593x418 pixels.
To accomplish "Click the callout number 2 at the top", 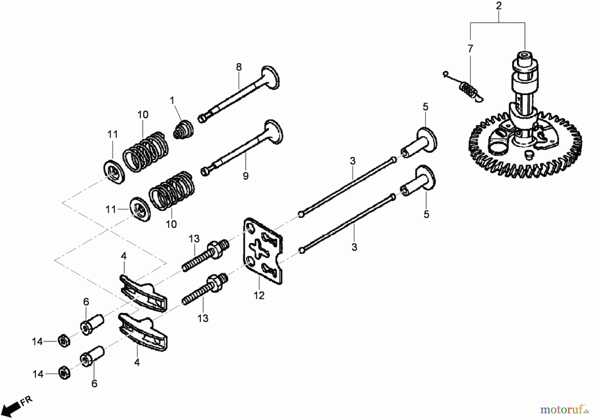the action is [x=499, y=6].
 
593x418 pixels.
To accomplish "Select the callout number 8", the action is [x=239, y=67].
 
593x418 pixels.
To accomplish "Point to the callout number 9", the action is [x=246, y=176].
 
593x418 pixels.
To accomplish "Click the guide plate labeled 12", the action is [x=263, y=251].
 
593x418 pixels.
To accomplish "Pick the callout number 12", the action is [x=259, y=296].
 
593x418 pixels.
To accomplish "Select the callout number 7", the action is [x=470, y=48].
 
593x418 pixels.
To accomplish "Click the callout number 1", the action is [x=172, y=101].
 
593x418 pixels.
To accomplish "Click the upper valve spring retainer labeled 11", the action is [x=113, y=172].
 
